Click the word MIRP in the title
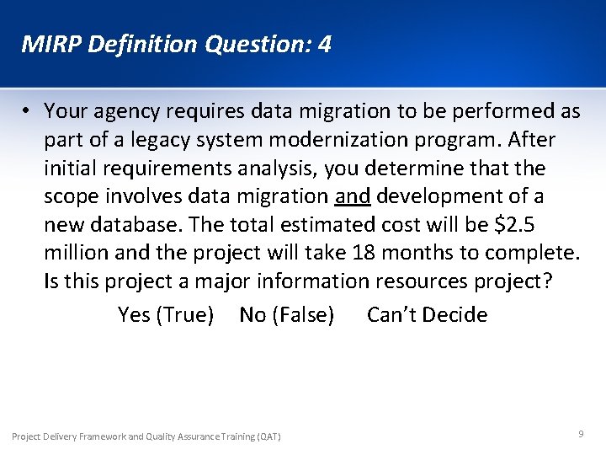click(47, 44)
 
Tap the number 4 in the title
click(324, 44)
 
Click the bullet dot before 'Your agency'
click(28, 110)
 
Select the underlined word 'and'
click(353, 196)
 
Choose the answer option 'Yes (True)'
click(166, 315)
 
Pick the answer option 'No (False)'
click(286, 315)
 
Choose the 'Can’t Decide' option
click(427, 315)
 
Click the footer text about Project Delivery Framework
click(146, 436)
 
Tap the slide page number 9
click(581, 433)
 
